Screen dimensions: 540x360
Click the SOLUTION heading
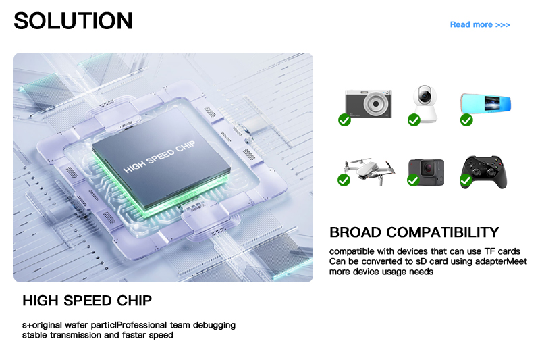tap(73, 21)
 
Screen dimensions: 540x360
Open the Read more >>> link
tap(480, 25)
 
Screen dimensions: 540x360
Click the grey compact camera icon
tap(369, 103)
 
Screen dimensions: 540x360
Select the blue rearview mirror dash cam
tap(485, 103)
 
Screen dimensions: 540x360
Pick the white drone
tap(370, 170)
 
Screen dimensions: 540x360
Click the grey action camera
tap(427, 172)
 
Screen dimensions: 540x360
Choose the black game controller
tap(484, 172)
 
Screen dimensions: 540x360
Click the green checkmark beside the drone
tap(344, 180)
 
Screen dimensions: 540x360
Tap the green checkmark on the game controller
tap(466, 180)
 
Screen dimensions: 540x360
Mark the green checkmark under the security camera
tap(414, 120)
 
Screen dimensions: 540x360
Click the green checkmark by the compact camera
tap(344, 120)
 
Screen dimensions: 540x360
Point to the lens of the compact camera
tap(376, 103)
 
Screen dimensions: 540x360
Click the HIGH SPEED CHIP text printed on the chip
tap(159, 157)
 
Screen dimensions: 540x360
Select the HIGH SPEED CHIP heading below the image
tap(87, 301)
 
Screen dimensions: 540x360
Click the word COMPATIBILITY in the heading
tap(443, 232)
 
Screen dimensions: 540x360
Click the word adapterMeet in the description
tap(501, 261)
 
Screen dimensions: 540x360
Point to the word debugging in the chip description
tap(214, 325)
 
